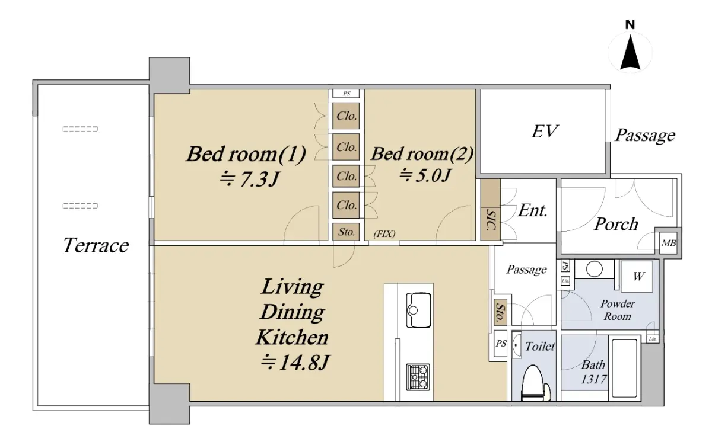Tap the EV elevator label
coord(545,132)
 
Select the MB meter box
coord(669,243)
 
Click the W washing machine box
coord(637,276)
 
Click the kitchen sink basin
coord(419,310)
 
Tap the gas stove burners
coord(418,377)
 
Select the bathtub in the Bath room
coord(625,368)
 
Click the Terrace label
coord(96,245)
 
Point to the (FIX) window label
coord(384,234)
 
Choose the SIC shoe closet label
coord(491,220)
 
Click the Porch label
coord(616,224)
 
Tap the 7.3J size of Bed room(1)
coord(250,180)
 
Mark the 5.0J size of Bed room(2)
coord(425,175)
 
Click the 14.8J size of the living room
coord(295,363)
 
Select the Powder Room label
coord(617,310)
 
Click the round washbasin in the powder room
coord(594,269)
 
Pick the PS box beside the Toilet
coord(501,343)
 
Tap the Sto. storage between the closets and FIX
coord(346,232)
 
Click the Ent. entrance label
coord(533,210)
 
